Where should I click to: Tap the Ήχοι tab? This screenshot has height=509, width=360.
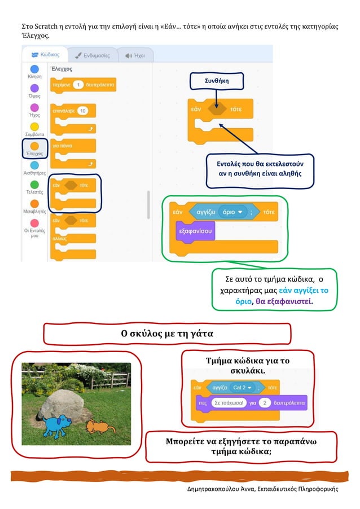[x=135, y=55]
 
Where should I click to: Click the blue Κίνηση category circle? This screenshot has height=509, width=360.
[x=34, y=68]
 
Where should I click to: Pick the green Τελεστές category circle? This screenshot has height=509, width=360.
[x=34, y=184]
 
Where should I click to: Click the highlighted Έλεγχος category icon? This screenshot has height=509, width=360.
[x=34, y=147]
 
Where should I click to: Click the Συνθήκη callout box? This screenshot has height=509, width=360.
[x=217, y=81]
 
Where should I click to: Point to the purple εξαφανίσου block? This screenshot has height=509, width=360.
[x=195, y=231]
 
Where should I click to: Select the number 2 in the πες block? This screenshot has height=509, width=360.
[x=263, y=403]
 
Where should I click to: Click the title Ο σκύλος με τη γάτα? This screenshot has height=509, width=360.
[x=167, y=334]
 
